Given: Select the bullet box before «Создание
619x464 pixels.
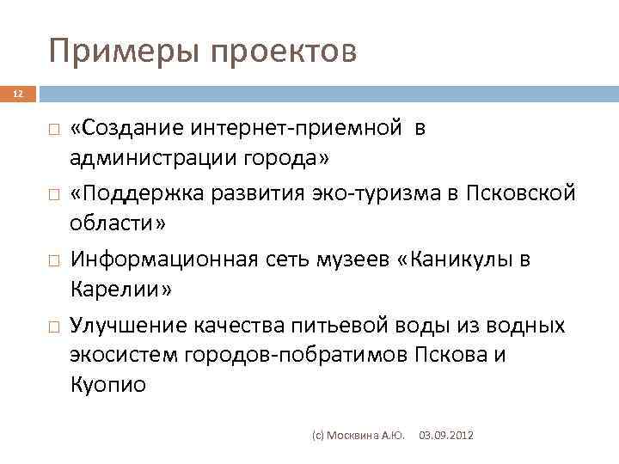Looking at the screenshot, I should [53, 129].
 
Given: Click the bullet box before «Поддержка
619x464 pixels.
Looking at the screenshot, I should [53, 194].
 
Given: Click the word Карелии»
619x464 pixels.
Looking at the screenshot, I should [121, 289].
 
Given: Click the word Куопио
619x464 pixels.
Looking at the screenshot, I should [109, 385].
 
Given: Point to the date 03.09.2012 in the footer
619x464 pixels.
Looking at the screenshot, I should [445, 437].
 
